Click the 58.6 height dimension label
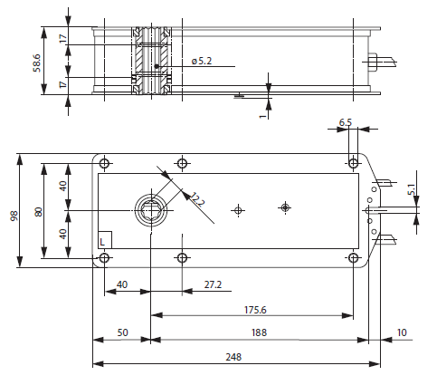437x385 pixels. pos(36,63)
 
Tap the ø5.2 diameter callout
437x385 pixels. pos(202,61)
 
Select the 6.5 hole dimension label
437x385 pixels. pos(346,122)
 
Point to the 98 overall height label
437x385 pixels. pos(14,217)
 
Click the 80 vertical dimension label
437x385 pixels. pos(39,212)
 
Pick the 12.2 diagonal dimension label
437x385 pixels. pos(197,199)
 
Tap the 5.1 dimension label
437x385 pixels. pos(412,189)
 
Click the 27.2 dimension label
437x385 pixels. pos(213,284)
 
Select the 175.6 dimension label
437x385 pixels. pos(255,310)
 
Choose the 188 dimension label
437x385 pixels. pos(259,332)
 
